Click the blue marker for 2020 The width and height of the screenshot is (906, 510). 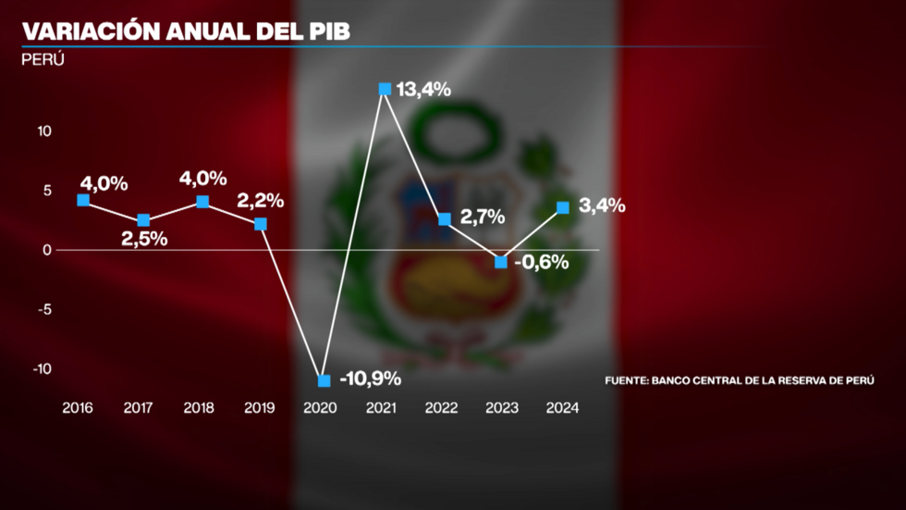click(x=324, y=380)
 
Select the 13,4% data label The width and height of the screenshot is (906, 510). click(x=422, y=90)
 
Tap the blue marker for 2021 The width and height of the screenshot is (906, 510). click(x=385, y=89)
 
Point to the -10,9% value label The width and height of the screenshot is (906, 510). click(x=370, y=379)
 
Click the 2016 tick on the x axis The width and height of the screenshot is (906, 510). click(x=80, y=409)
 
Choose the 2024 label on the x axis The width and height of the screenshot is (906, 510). click(x=562, y=409)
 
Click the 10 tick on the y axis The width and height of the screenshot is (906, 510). click(x=44, y=131)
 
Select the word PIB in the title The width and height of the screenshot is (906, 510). click(x=320, y=31)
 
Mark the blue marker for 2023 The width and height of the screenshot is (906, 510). click(x=501, y=262)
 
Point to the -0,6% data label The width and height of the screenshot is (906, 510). click(x=541, y=262)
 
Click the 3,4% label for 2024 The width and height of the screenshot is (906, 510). click(x=602, y=206)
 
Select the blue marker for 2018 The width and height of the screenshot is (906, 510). click(x=202, y=202)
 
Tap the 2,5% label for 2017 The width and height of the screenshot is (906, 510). click(x=145, y=238)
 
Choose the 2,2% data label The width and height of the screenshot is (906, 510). click(x=260, y=200)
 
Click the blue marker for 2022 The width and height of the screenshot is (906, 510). click(x=445, y=219)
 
